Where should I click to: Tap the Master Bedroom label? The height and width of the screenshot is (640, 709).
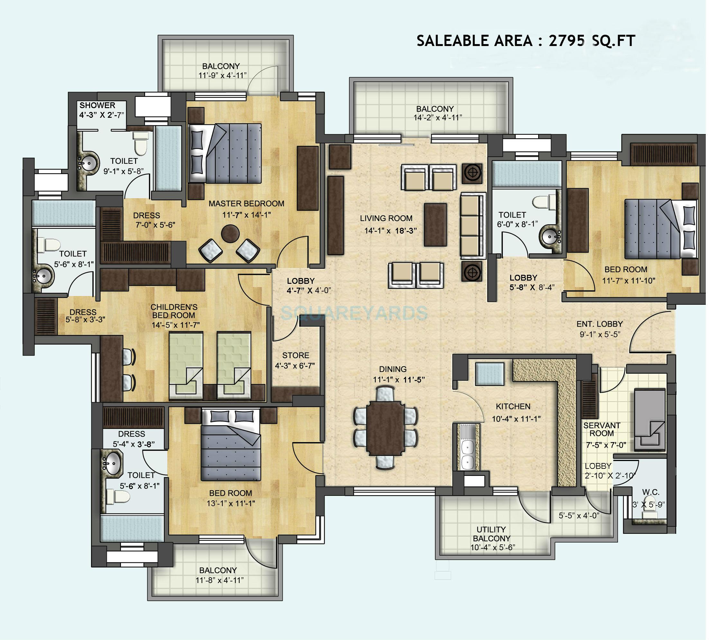(246, 204)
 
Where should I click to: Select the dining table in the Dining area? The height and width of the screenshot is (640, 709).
(385, 428)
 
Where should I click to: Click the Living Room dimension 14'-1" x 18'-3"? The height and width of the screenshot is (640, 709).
(390, 231)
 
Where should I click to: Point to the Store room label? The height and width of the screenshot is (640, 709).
(295, 355)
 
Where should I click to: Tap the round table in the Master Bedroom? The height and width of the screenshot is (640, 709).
(230, 233)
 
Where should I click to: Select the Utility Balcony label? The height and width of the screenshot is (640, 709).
(491, 534)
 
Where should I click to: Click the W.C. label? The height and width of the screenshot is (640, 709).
(650, 492)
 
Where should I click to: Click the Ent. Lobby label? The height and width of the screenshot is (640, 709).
(599, 324)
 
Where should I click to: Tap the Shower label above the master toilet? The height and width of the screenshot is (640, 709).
(97, 105)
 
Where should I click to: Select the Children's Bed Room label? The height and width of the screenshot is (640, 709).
(174, 311)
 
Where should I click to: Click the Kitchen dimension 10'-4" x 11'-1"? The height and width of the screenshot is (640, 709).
(516, 418)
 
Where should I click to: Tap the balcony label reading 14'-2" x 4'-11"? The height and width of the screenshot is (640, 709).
(437, 118)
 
